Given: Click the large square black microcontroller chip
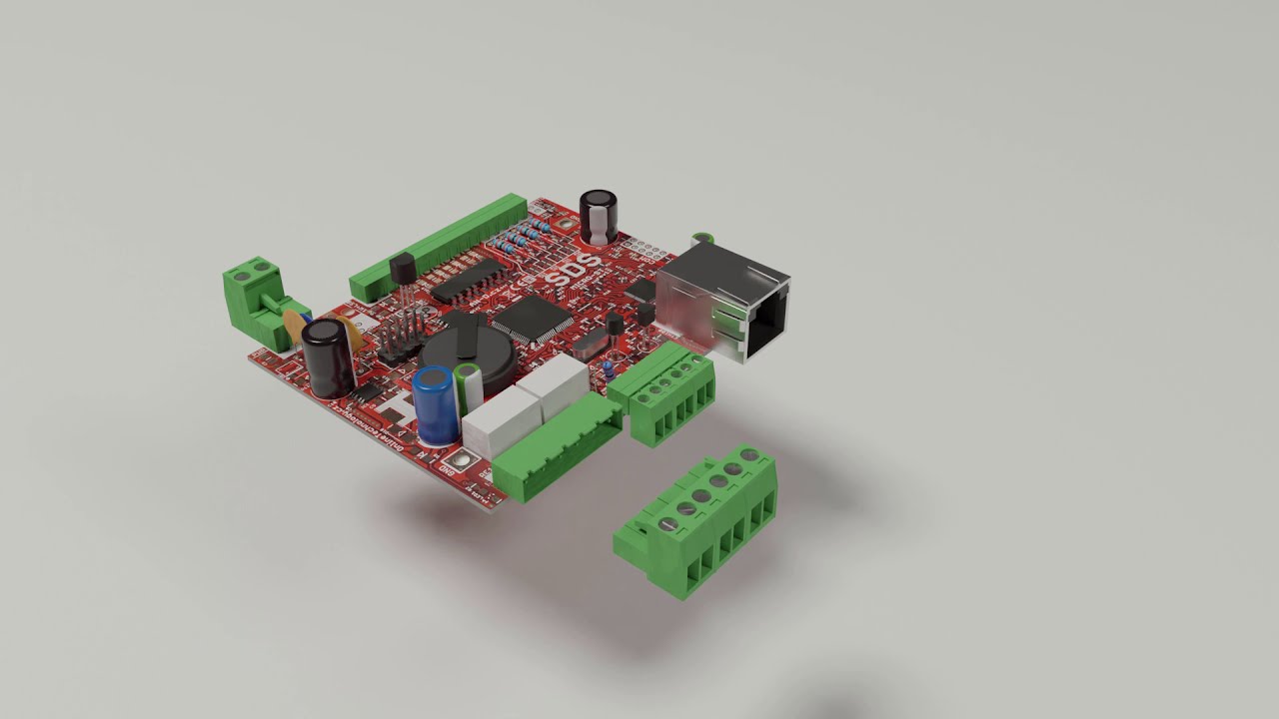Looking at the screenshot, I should click(x=533, y=319).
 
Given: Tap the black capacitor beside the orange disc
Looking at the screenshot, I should click(x=329, y=357).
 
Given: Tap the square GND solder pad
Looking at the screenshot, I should click(x=461, y=461).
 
